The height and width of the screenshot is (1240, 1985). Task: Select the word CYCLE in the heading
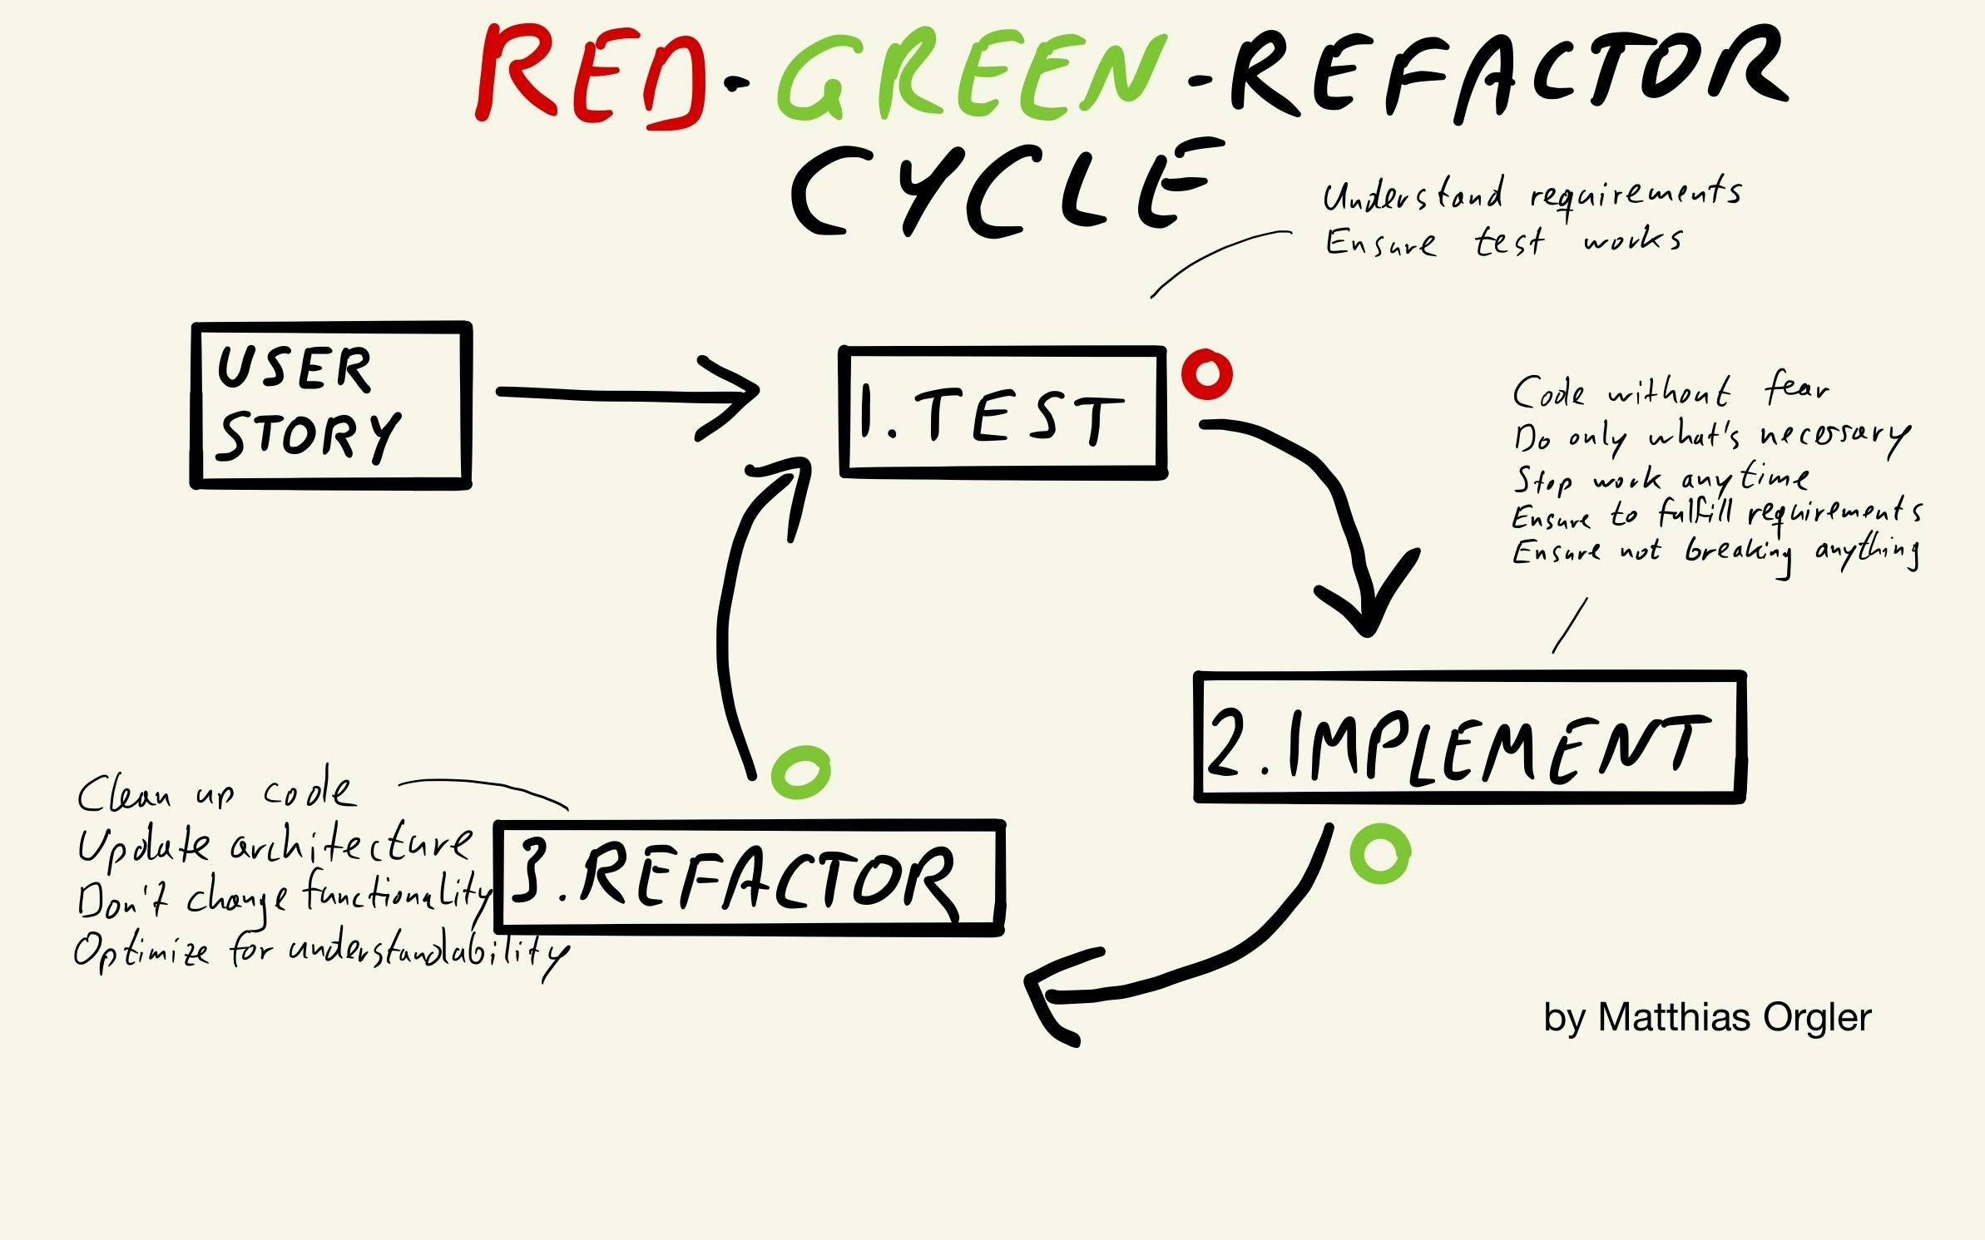coord(998,191)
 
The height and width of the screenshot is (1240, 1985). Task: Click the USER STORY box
coord(331,405)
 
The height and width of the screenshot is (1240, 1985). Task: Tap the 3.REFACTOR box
coord(749,878)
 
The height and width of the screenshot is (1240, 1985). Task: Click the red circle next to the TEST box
coord(1207,374)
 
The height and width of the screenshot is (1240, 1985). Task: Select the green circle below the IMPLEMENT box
coord(1379,853)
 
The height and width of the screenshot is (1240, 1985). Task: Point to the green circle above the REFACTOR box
coord(800,772)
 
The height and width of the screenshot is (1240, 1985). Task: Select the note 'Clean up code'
coord(215,793)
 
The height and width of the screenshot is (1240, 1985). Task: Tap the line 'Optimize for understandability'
coord(320,951)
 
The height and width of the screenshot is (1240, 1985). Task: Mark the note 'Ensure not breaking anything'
coord(1714,552)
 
